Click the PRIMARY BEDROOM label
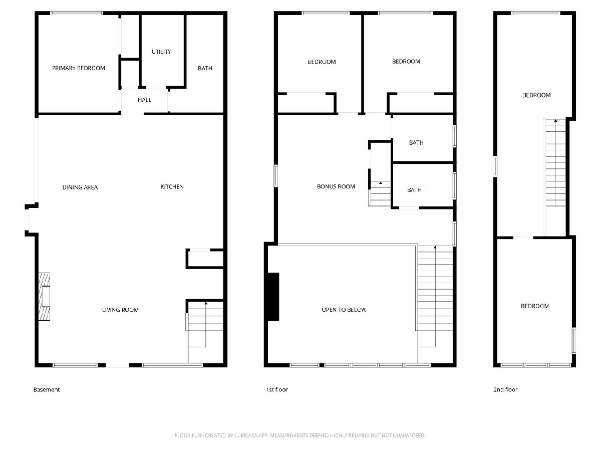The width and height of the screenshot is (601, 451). click(x=79, y=68)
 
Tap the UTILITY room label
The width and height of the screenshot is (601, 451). click(x=161, y=52)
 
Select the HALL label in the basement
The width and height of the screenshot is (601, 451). click(x=145, y=100)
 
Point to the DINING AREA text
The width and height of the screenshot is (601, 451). click(x=80, y=187)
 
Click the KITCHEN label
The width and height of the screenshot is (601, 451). click(x=172, y=186)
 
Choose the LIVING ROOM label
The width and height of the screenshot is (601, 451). click(x=120, y=310)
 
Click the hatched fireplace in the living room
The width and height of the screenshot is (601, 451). click(x=44, y=296)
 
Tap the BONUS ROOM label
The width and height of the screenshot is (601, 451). click(x=336, y=186)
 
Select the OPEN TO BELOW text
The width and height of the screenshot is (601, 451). click(x=344, y=310)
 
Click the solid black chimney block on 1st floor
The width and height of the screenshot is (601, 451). click(x=273, y=297)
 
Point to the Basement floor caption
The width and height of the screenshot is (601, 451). click(x=47, y=389)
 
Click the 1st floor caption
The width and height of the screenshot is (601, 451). click(x=277, y=389)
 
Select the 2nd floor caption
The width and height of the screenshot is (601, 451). click(x=505, y=389)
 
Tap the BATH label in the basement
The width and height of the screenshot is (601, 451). click(x=205, y=68)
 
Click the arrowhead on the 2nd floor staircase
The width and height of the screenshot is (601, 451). click(x=555, y=121)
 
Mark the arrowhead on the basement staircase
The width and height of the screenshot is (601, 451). click(x=206, y=303)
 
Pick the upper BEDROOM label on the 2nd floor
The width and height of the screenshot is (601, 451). click(x=536, y=95)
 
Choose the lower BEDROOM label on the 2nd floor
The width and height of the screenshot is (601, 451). click(x=535, y=306)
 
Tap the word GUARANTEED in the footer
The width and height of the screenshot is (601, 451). click(x=409, y=435)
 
